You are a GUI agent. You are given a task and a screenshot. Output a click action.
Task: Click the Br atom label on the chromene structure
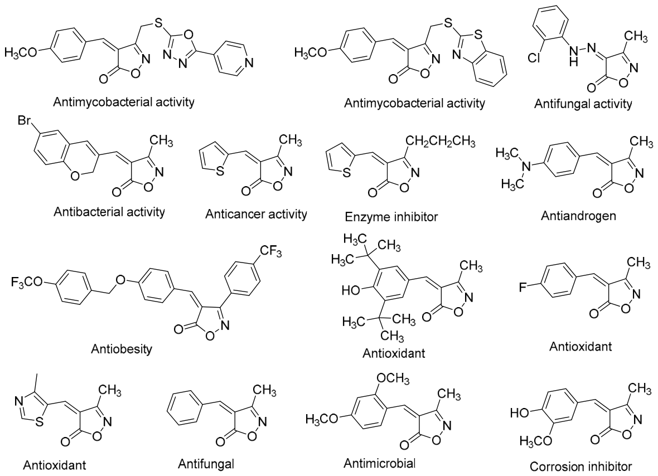[24, 121]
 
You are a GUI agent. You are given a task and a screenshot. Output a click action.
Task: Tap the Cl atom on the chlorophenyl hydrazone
[534, 57]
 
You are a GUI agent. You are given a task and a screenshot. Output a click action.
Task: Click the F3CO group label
[27, 282]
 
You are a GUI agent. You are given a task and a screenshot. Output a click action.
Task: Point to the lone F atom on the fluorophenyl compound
[522, 287]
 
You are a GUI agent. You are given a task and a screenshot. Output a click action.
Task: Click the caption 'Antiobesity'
[122, 348]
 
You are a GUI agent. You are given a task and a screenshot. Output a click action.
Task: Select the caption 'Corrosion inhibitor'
[581, 466]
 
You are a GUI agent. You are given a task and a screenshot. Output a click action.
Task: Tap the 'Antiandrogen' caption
[578, 216]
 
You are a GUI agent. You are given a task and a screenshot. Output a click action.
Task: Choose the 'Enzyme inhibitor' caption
[391, 216]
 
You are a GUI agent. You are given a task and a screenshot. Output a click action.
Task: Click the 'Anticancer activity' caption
[256, 214]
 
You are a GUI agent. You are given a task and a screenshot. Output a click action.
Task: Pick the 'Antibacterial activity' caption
[109, 212]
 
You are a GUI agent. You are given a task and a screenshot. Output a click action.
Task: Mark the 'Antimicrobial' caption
[379, 463]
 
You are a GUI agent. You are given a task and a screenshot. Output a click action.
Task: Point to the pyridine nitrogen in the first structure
[249, 64]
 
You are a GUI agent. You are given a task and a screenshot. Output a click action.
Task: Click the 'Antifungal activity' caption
[583, 104]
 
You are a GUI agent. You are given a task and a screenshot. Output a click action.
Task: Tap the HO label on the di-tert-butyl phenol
[351, 289]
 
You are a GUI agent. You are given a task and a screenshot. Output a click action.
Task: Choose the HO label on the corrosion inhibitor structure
[519, 413]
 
